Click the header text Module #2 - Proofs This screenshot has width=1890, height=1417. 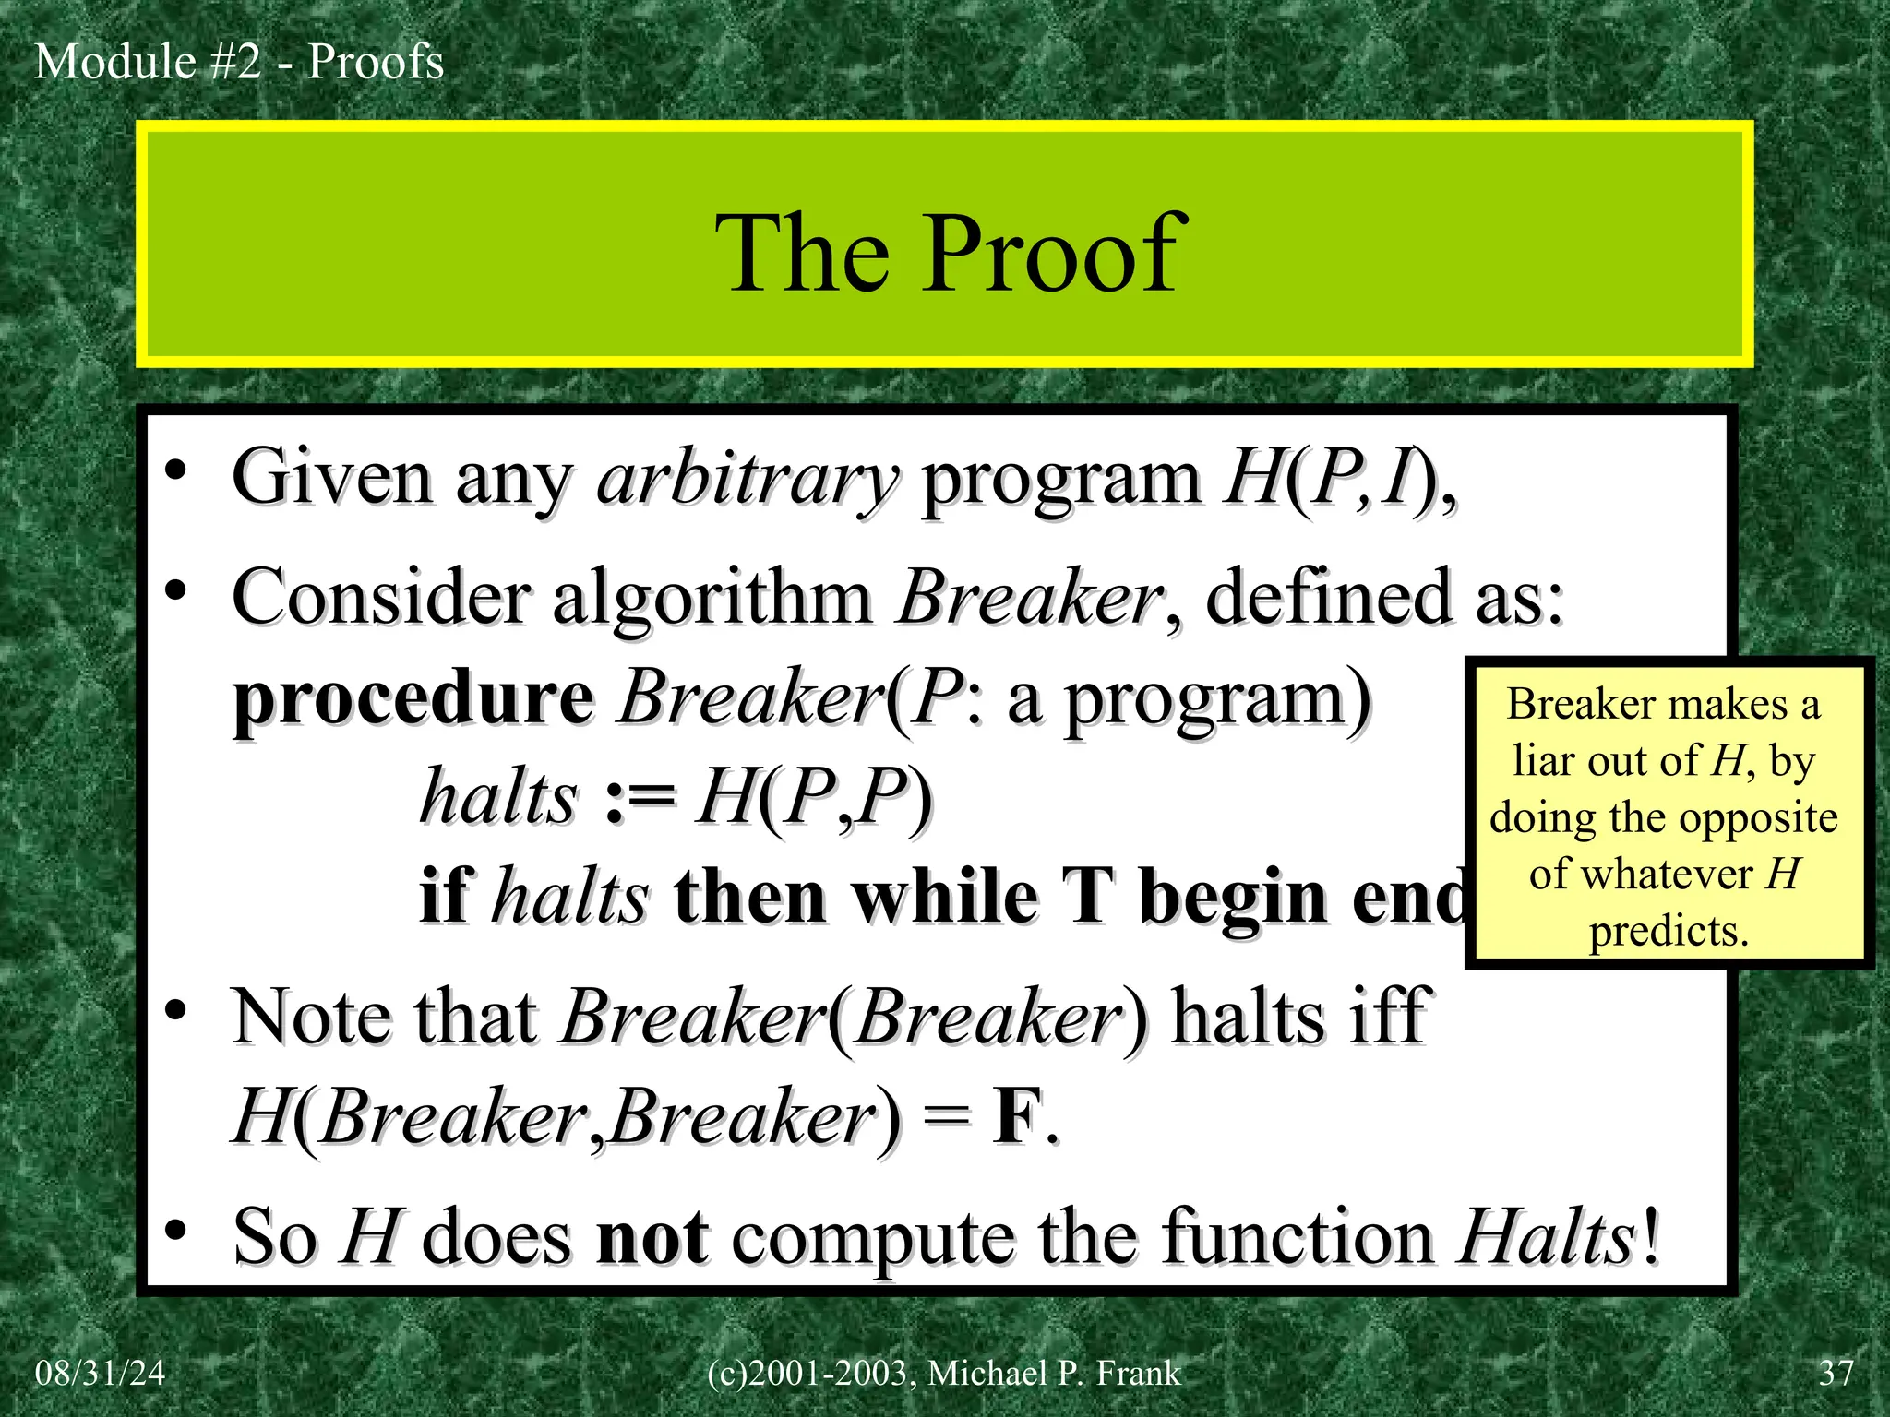click(239, 63)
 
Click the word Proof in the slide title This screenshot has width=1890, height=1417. click(1052, 253)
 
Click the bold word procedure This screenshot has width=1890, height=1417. click(413, 699)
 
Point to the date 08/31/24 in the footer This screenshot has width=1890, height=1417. click(100, 1373)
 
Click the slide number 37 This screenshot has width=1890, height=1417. click(1836, 1373)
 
